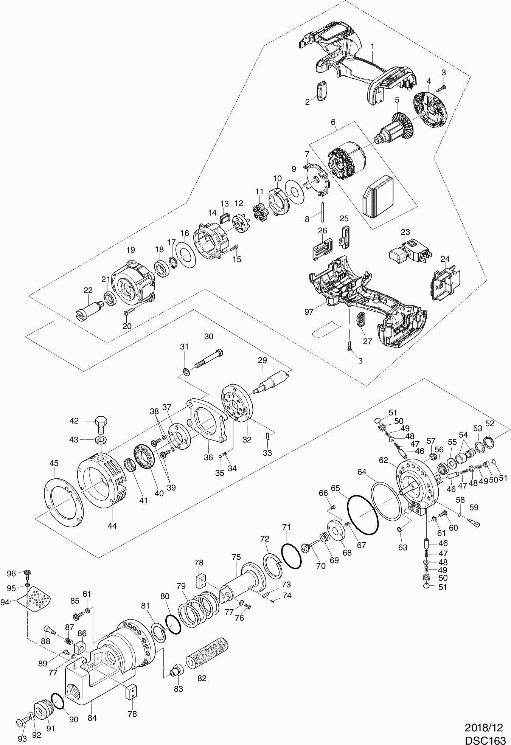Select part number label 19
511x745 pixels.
[x=130, y=250]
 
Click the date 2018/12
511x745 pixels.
[x=485, y=727]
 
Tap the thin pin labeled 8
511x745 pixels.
[x=323, y=212]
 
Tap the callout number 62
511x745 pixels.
[x=384, y=460]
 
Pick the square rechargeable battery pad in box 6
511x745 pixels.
[x=378, y=196]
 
